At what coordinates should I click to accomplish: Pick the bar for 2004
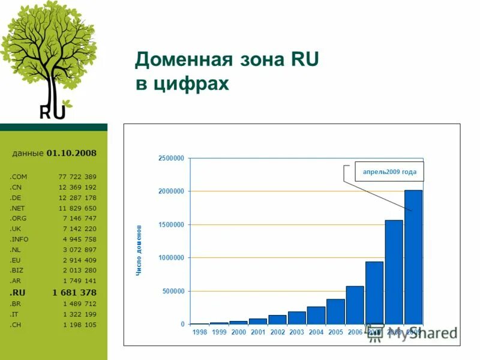click(316, 315)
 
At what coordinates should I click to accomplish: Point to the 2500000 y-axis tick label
click(171, 158)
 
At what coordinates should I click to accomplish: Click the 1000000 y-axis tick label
click(171, 258)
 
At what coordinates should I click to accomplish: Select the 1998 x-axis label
click(199, 332)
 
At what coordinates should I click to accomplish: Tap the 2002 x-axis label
click(277, 332)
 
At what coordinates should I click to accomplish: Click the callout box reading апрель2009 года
click(389, 172)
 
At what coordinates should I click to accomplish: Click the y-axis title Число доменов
click(139, 250)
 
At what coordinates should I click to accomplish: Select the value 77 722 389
click(77, 177)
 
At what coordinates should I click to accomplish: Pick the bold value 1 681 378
click(74, 292)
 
